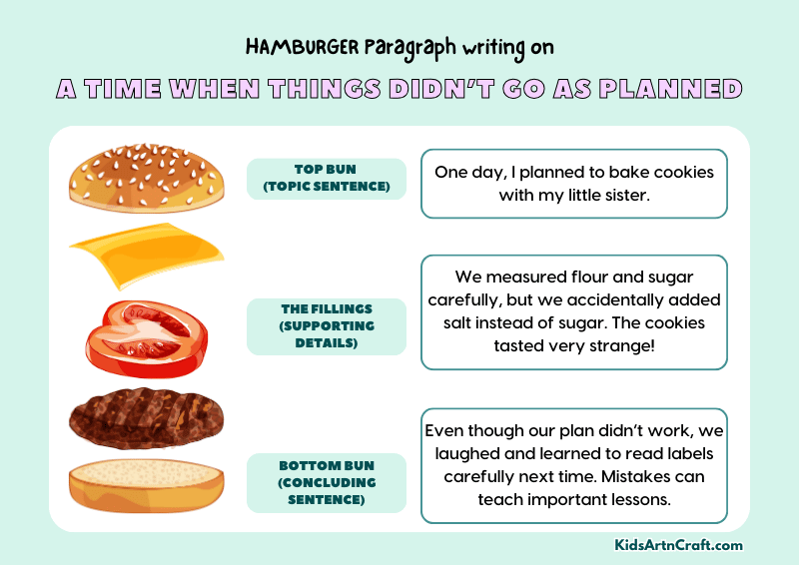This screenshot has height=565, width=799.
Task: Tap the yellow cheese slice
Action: [x=146, y=254]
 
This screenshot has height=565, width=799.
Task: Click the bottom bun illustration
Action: [x=146, y=485]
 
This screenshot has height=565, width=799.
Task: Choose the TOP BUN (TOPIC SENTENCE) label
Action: [x=326, y=179]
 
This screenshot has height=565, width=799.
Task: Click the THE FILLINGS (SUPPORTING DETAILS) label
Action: [x=326, y=326]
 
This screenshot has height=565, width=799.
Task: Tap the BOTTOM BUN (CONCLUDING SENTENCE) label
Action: [x=326, y=483]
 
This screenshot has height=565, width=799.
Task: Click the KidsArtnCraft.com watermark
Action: [x=678, y=545]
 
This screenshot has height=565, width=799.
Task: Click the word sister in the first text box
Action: [x=623, y=196]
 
